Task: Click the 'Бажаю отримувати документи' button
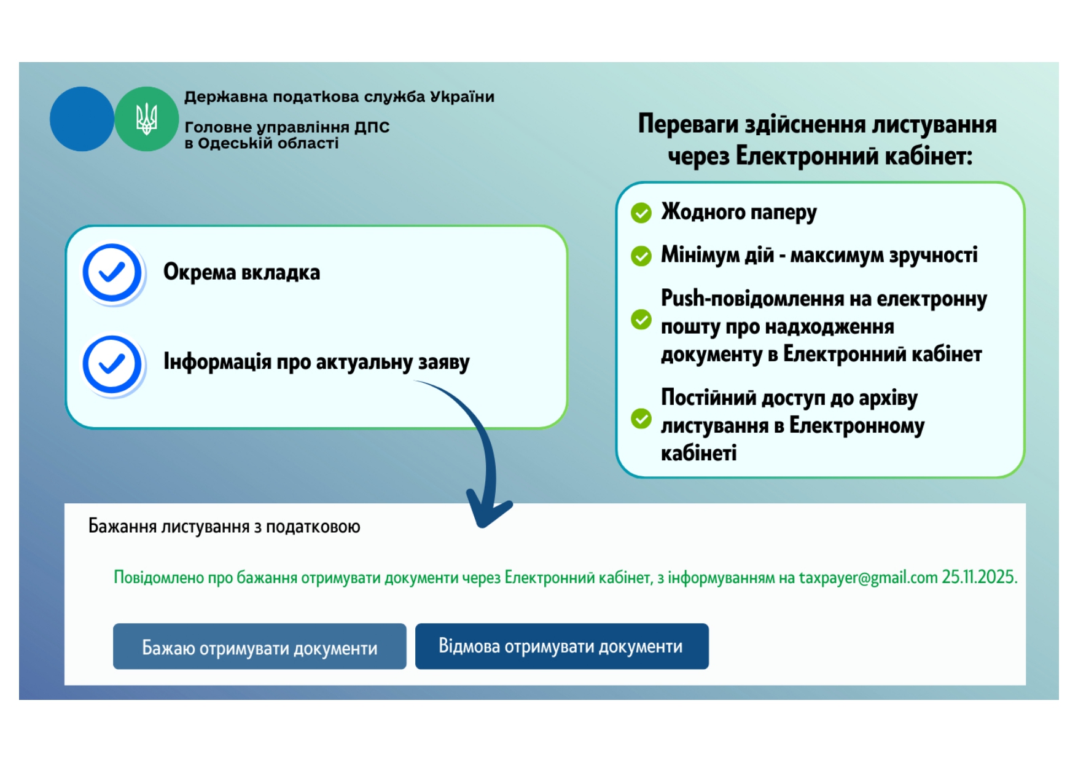coord(259,646)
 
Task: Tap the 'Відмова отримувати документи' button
coord(561,646)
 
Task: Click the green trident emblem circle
coord(146,119)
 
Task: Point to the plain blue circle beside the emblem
coord(82,119)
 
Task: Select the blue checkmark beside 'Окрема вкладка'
coord(112,272)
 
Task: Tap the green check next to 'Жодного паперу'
coord(641,213)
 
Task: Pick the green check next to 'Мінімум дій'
coord(641,256)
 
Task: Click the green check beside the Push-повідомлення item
coord(641,320)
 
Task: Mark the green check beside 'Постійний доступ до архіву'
coord(641,419)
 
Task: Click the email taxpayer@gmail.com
coord(868,578)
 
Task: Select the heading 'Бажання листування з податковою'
coord(224,527)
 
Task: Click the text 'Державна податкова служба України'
coord(339,97)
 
